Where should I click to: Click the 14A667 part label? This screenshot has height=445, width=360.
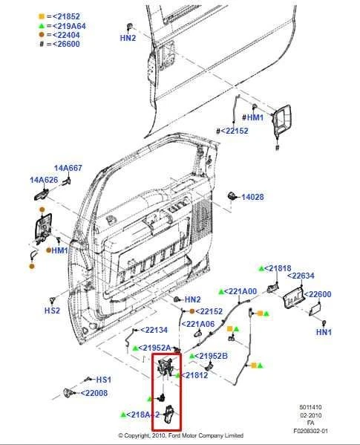pyautogui.click(x=68, y=168)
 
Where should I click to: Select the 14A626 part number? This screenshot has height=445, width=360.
pyautogui.click(x=43, y=180)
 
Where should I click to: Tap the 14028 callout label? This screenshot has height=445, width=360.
pyautogui.click(x=254, y=197)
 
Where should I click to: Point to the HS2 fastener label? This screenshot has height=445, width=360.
pyautogui.click(x=52, y=311)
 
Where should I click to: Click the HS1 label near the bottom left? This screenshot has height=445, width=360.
pyautogui.click(x=103, y=379)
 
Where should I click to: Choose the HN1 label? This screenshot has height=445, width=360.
pyautogui.click(x=324, y=332)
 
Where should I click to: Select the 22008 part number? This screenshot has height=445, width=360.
pyautogui.click(x=95, y=393)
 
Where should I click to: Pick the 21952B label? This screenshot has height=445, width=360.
pyautogui.click(x=212, y=356)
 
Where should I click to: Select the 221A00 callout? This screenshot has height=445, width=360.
pyautogui.click(x=240, y=291)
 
